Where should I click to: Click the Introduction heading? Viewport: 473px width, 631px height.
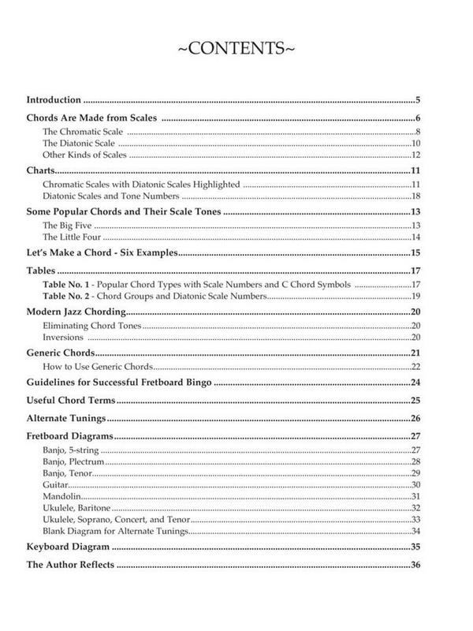pyautogui.click(x=54, y=100)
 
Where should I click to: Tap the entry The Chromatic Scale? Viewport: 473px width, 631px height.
pyautogui.click(x=76, y=131)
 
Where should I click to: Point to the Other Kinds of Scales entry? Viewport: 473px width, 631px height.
pyautogui.click(x=81, y=155)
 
